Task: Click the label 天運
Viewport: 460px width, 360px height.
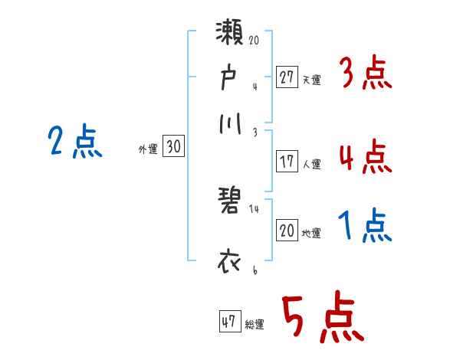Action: [310, 79]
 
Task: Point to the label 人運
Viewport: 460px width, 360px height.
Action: [311, 163]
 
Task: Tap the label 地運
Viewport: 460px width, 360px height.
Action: [311, 233]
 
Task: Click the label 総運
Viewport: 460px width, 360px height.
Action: [255, 324]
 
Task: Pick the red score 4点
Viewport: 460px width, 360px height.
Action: [365, 159]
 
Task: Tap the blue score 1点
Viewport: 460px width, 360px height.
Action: [365, 227]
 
